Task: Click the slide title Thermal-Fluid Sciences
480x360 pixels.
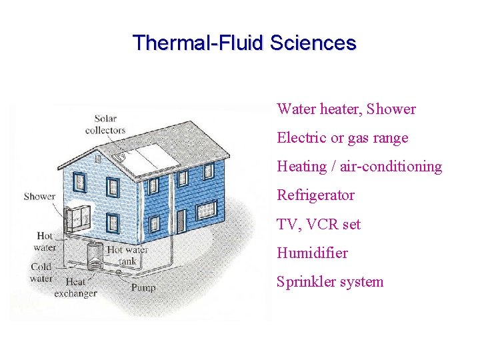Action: point(244,43)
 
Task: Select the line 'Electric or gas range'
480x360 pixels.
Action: point(342,138)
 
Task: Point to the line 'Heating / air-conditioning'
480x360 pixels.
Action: point(359,167)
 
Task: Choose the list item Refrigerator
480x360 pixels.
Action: point(315,195)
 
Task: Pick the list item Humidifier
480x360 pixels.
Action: point(312,253)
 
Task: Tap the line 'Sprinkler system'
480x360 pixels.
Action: point(330,281)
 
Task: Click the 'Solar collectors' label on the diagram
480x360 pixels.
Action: point(105,125)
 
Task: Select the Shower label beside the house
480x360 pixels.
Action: point(39,196)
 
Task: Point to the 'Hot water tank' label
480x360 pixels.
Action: point(127,255)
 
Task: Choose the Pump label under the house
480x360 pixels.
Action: point(143,287)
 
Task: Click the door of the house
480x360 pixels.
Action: point(181,221)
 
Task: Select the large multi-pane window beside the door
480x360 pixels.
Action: point(207,210)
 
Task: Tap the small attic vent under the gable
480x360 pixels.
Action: point(98,159)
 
